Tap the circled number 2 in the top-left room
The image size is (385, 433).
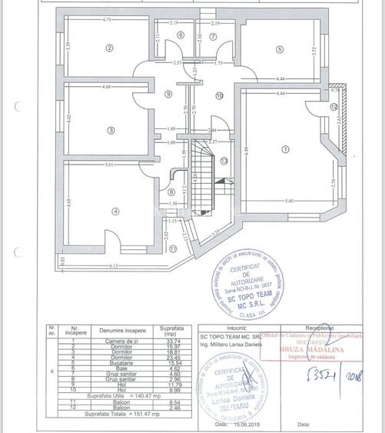[x=109, y=48]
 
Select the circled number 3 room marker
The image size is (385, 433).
[x=111, y=130]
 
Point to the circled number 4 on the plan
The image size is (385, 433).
[x=115, y=211]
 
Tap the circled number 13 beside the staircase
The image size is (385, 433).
[x=224, y=161]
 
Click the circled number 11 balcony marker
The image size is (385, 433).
[x=173, y=248]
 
